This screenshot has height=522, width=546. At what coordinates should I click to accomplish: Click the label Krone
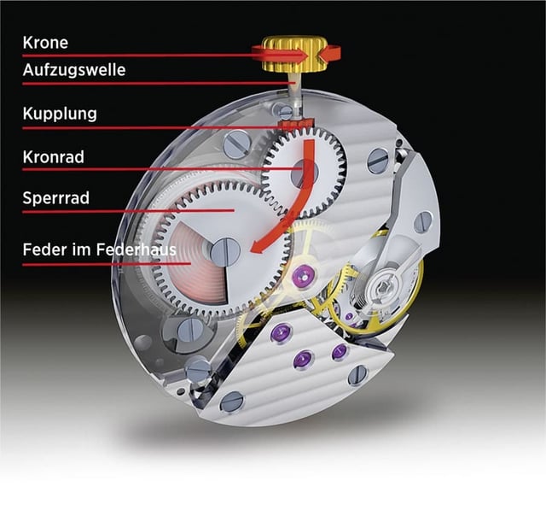pos(44,43)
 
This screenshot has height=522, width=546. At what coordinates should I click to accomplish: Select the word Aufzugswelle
pos(73,70)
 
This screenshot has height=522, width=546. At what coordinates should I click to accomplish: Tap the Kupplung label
pos(60,114)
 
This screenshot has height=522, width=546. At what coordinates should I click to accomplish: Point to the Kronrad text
pos(55,156)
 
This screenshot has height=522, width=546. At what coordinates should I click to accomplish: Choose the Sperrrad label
pos(56,198)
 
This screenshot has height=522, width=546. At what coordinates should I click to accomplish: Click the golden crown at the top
pos(292,53)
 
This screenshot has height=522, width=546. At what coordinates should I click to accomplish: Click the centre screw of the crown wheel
pos(303,173)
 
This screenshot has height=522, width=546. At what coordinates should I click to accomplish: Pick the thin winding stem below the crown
pos(293,94)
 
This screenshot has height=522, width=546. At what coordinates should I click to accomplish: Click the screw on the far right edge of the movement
pos(422,222)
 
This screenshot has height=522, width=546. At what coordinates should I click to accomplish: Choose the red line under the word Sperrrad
pos(128,211)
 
